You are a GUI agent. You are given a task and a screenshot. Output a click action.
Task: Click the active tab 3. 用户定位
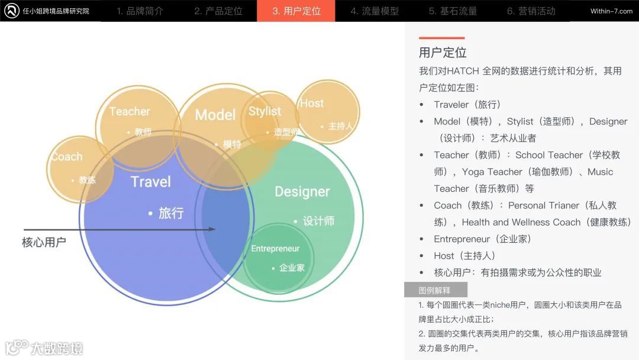coord(296,11)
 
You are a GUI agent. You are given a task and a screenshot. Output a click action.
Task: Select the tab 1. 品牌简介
coord(140,11)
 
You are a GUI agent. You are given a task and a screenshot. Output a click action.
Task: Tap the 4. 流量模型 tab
coord(374,11)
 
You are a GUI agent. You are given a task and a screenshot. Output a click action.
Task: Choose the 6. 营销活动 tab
coord(531,11)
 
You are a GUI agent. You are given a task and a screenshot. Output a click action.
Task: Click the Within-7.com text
coord(611,11)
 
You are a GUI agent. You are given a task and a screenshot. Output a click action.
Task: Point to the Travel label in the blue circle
coord(150,182)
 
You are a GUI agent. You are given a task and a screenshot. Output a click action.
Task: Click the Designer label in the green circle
coord(302,191)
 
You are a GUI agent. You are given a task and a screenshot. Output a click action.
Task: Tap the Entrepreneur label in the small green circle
coord(275,249)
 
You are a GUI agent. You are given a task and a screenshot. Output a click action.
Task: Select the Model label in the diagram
coord(215,115)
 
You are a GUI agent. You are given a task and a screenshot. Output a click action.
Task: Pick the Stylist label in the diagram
coord(264,111)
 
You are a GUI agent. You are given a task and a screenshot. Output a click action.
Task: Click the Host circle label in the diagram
coord(311,103)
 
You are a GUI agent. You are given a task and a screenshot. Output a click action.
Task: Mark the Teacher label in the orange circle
coord(130,111)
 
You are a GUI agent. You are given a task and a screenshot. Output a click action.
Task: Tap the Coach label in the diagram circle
coord(66,157)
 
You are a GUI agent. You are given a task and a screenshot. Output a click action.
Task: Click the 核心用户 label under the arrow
coord(44,242)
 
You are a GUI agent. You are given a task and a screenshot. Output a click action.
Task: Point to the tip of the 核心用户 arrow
coord(215,229)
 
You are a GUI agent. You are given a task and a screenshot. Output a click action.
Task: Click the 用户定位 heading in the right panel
coord(443,52)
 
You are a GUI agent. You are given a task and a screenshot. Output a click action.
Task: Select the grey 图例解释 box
coord(435,290)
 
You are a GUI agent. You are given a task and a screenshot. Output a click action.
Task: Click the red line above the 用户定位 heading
coord(441,38)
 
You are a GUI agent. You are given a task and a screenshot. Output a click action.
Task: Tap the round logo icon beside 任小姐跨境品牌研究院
coord(11,11)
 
